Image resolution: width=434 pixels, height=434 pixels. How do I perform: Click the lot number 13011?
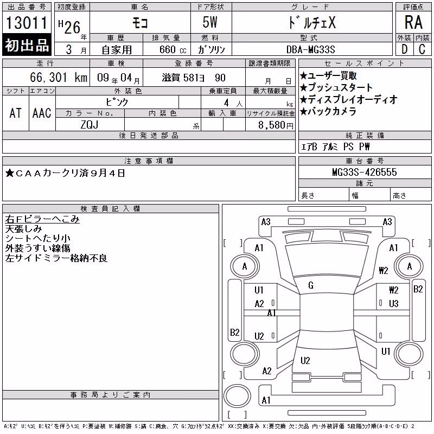coord(27,23)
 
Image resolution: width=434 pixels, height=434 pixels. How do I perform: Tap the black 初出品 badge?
coord(27,45)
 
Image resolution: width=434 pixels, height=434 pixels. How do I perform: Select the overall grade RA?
coord(413,22)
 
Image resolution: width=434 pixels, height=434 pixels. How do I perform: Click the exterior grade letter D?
coord(405,49)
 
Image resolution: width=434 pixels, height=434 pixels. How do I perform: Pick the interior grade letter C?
coord(422,49)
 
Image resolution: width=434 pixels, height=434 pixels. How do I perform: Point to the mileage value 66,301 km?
coord(59,78)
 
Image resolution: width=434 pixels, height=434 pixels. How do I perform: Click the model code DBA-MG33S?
coord(311,49)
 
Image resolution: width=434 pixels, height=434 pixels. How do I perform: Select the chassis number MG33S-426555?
coord(365,172)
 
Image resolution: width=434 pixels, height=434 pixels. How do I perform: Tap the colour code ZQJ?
coord(90,125)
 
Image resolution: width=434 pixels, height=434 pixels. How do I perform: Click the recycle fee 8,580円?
coord(276,125)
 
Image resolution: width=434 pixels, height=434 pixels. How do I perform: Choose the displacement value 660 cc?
coord(173,50)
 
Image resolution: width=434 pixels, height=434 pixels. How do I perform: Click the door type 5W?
coord(210,22)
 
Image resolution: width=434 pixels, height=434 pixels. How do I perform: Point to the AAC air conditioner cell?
coord(42,113)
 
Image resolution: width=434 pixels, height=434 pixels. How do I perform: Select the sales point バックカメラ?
coord(328,112)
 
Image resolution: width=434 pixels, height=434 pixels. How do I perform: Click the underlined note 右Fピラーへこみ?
coord(42,219)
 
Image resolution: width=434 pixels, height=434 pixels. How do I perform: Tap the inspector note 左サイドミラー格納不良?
coord(56,258)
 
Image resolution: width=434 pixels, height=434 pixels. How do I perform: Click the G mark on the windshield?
coord(311,285)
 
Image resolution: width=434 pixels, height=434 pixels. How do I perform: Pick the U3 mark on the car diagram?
coord(394,304)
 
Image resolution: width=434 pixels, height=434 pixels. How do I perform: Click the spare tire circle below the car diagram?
coord(237,396)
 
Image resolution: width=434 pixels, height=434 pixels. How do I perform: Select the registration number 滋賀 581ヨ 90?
coord(194,78)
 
